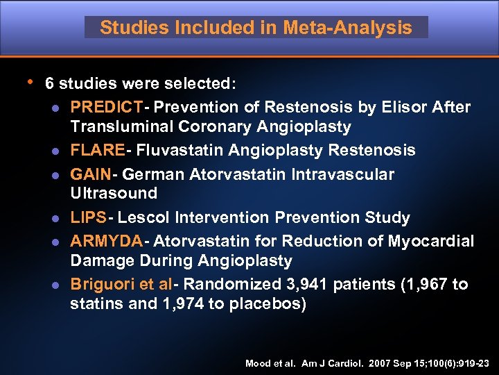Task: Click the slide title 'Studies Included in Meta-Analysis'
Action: point(256,28)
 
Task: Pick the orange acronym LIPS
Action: point(89,218)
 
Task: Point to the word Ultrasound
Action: point(114,193)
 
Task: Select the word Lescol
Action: point(144,218)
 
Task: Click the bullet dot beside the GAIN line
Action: point(53,175)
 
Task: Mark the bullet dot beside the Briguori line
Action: point(53,285)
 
